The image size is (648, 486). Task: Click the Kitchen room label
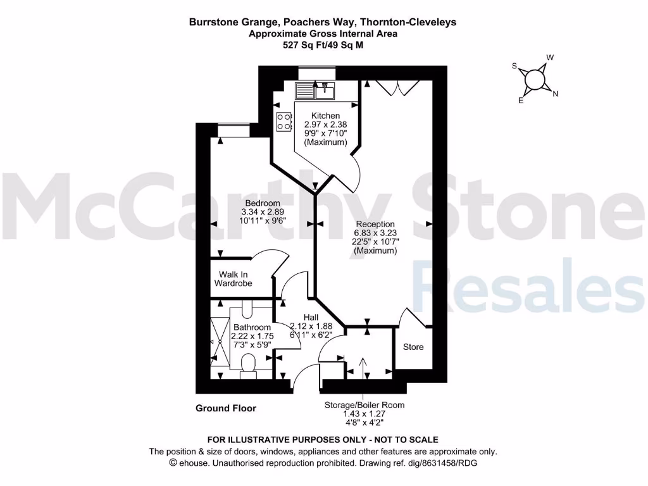(x=325, y=116)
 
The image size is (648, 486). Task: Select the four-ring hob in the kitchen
(x=283, y=121)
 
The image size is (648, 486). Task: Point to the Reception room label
(x=375, y=224)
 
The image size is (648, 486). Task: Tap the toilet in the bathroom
(x=248, y=364)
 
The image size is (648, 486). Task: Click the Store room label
(x=413, y=347)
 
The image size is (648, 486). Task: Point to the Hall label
(x=310, y=317)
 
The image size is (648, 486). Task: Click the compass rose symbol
(x=535, y=79)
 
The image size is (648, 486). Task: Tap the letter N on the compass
(x=555, y=94)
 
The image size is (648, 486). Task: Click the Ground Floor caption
(x=226, y=408)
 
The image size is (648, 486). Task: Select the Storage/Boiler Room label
(x=364, y=405)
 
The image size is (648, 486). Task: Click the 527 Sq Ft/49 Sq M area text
(x=323, y=45)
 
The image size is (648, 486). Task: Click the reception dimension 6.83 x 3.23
(x=375, y=233)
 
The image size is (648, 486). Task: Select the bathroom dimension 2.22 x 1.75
(x=251, y=336)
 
